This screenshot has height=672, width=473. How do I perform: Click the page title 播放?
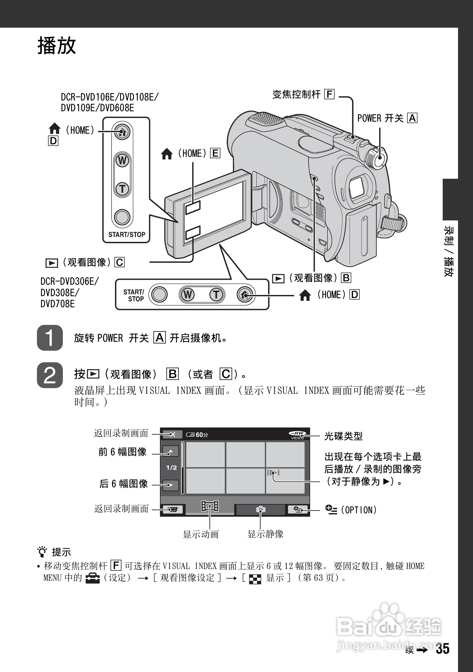[x=57, y=45]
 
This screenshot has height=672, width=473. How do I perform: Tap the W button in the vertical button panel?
[x=122, y=161]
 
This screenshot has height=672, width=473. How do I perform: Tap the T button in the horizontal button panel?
[x=216, y=295]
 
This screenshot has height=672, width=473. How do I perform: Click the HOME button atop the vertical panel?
[x=122, y=132]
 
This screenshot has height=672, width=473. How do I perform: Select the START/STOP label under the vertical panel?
[x=126, y=234]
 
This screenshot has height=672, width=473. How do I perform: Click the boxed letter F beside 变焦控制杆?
[x=329, y=94]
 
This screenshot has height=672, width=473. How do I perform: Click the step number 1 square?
[x=50, y=338]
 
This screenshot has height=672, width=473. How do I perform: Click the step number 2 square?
[x=50, y=375]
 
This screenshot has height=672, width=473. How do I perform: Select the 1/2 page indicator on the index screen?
[x=171, y=468]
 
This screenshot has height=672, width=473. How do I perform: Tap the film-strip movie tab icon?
[x=210, y=506]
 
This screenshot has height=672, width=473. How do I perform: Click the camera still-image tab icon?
[x=260, y=510]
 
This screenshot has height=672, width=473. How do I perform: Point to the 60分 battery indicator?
[x=197, y=435]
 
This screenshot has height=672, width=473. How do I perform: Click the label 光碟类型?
[x=343, y=436]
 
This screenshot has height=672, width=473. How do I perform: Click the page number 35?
[x=443, y=649]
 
